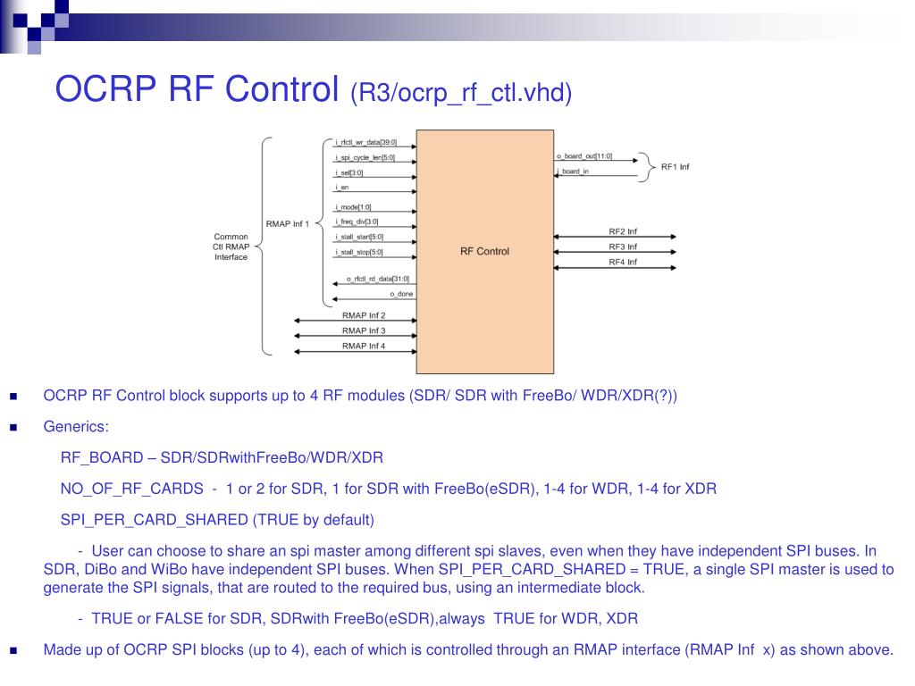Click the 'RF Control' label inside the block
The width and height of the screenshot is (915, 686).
(484, 251)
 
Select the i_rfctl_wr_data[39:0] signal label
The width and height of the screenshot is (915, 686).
(365, 142)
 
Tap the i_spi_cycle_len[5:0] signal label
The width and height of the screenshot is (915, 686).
(365, 157)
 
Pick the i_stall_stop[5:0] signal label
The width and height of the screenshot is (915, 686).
(359, 253)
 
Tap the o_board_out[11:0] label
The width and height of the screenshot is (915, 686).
(583, 156)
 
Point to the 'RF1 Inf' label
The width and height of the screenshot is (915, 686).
(675, 167)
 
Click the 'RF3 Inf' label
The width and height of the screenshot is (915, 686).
(622, 247)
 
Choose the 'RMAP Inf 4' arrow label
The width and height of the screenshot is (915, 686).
(364, 346)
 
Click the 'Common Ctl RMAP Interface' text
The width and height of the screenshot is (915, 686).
(231, 247)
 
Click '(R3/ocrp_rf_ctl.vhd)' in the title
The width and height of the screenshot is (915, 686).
(460, 91)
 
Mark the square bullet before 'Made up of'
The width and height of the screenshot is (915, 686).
(13, 650)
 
